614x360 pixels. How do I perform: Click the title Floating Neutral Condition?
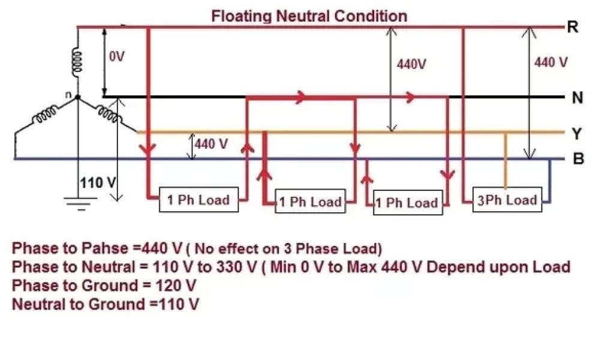(309, 16)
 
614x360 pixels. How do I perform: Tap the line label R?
(573, 27)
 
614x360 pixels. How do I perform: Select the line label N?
(577, 98)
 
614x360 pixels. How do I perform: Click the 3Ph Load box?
(506, 200)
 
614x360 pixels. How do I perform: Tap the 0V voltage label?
(117, 57)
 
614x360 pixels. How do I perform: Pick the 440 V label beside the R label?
(550, 62)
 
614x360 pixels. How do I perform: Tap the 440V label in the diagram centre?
(411, 64)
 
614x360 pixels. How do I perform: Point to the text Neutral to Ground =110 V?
(106, 304)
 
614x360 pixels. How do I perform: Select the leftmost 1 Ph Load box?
(198, 200)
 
